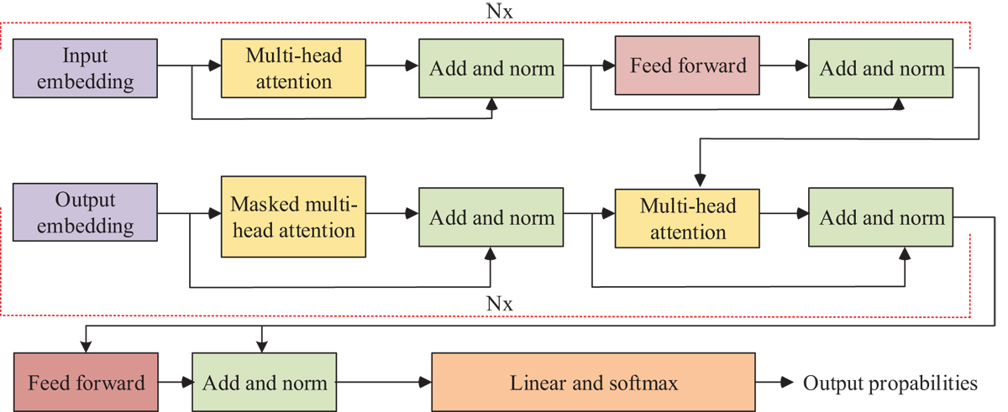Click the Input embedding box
(86, 68)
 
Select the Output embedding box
(86, 214)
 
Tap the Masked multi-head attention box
(293, 217)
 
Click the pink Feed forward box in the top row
(687, 65)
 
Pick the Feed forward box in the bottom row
(86, 383)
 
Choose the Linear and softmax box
(593, 383)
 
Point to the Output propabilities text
(890, 383)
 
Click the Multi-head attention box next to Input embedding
(293, 68)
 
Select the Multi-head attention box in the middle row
(687, 217)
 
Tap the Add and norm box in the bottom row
(264, 383)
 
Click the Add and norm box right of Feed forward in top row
(881, 68)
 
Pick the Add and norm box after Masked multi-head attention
(491, 217)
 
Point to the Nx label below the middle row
(500, 303)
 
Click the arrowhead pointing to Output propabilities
(787, 383)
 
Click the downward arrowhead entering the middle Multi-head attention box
(699, 180)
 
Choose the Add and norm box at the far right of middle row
(881, 217)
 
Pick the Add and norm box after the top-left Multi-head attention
(491, 68)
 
